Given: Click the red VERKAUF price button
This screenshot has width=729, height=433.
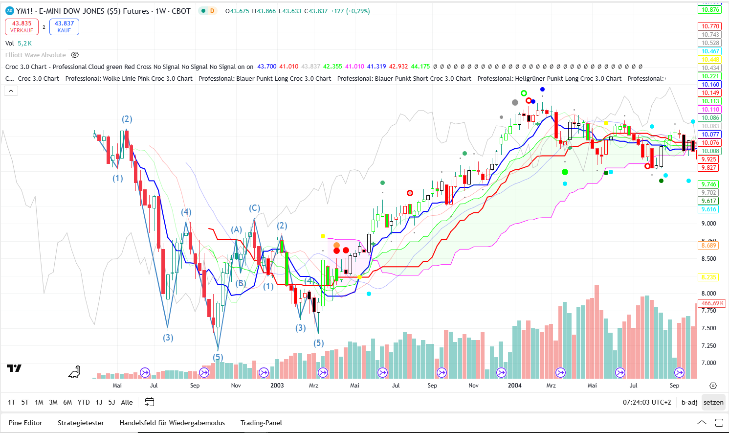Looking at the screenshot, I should (22, 27).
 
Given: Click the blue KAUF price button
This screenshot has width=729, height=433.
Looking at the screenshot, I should (64, 27).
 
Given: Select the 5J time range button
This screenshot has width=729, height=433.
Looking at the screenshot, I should (111, 402).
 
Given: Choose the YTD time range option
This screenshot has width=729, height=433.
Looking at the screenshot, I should (84, 402).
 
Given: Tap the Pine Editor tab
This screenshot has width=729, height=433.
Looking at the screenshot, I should (25, 423).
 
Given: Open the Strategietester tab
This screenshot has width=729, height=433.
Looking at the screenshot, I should (81, 423).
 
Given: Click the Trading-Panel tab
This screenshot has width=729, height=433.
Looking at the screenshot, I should (261, 423).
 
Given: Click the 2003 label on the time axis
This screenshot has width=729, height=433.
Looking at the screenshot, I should (277, 386).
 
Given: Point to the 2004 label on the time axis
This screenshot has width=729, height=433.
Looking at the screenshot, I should (514, 386).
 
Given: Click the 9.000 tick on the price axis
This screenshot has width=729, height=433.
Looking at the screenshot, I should (708, 224).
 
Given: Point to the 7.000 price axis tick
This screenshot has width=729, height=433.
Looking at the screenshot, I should (708, 363).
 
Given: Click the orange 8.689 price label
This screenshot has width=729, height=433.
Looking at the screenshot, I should (708, 246).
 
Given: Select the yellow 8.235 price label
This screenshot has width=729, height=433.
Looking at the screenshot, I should (708, 277).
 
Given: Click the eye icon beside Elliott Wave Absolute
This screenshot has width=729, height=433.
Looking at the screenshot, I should (75, 55).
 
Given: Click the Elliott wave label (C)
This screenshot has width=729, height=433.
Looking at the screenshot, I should (254, 208).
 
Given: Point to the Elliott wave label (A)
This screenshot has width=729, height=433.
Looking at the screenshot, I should (237, 229).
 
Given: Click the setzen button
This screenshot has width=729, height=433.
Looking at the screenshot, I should (713, 402).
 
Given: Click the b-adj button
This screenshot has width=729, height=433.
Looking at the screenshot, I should (689, 402).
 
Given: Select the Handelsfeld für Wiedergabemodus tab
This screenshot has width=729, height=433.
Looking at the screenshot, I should (172, 423).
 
